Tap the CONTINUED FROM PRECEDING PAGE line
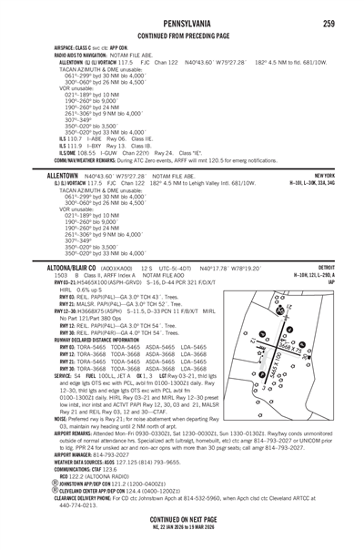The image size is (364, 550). pyautogui.click(x=181, y=25)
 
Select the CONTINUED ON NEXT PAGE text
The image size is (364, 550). pyautogui.click(x=181, y=515)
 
